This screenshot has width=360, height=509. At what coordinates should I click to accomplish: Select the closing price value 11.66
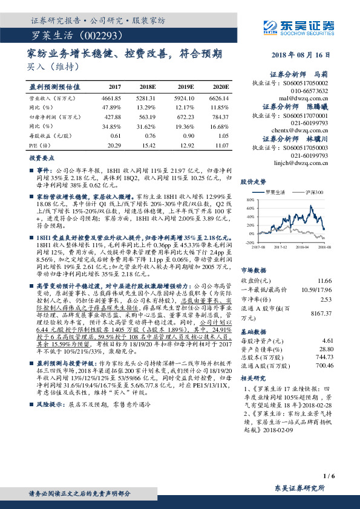(x=324, y=264)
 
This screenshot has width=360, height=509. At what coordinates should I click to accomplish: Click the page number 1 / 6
(x=329, y=476)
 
